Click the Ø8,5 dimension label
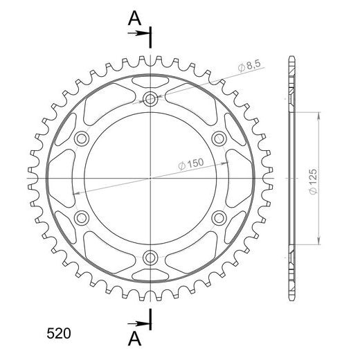(x=249, y=66)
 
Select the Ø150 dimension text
(x=191, y=164)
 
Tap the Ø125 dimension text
(x=313, y=182)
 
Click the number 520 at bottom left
(x=59, y=334)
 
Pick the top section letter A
(x=134, y=19)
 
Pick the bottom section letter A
(x=134, y=339)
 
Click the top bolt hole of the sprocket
(x=150, y=99)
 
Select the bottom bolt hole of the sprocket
(x=150, y=258)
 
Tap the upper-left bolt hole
(x=82, y=138)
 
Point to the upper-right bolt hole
(x=219, y=138)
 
